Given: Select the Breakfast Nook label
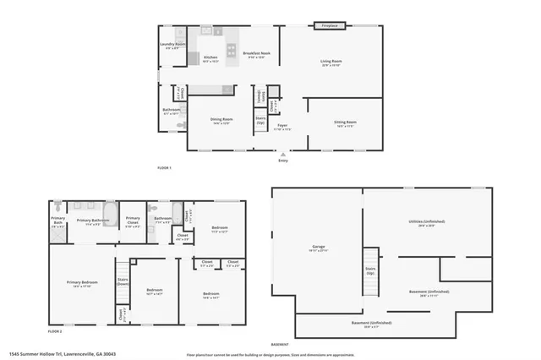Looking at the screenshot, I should pos(256,55).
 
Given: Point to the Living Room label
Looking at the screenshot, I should pos(331,63).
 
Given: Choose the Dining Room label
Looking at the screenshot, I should pos(221,121).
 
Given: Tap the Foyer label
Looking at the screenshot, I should pos(282,128).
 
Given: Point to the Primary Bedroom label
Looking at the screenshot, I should pos(83,284).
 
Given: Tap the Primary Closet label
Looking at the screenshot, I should pos(133,224).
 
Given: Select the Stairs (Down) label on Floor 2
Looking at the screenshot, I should pos(123,281).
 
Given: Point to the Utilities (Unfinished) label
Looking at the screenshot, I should pos(426,223).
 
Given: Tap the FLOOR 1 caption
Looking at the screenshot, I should pos(164,168).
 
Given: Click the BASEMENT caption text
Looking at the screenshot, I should pos(279,344).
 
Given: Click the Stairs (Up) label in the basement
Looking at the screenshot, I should pos(370,272).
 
